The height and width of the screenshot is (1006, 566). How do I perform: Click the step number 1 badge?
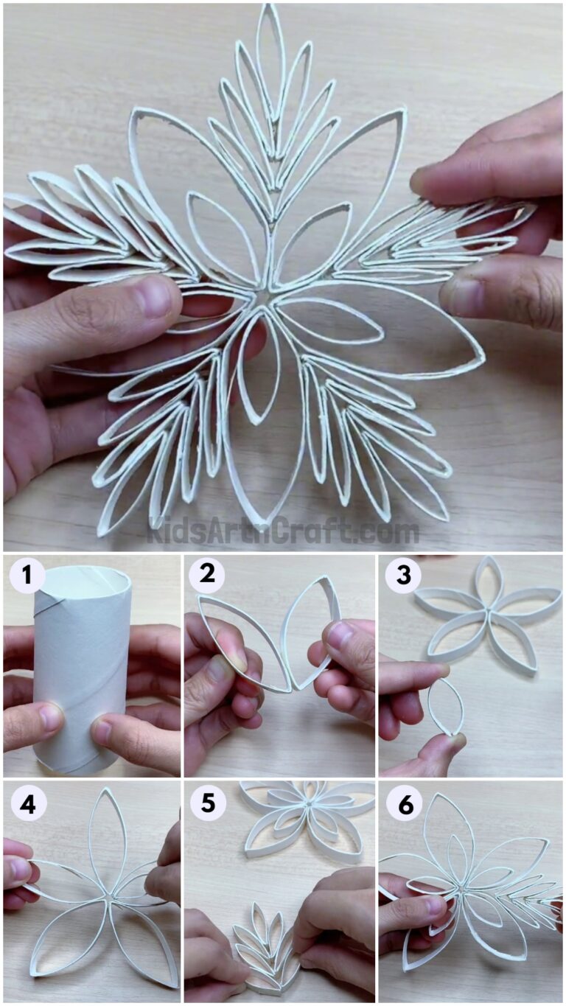click(x=27, y=576)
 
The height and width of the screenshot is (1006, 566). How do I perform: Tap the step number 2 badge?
click(x=207, y=576)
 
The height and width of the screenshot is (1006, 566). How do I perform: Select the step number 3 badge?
click(x=403, y=576)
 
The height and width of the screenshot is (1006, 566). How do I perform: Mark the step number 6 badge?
click(x=405, y=805)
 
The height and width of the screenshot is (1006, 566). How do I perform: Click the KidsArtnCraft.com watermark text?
click(x=283, y=531)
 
